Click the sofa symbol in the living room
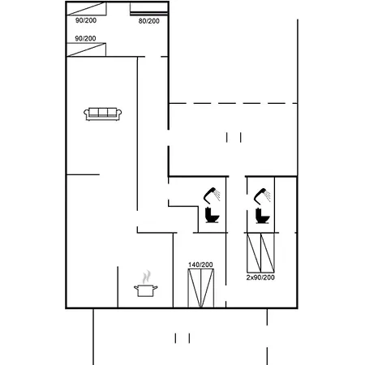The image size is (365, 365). click(103, 114)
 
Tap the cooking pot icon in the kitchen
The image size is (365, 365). click(146, 290)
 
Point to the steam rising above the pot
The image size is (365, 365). click(147, 277)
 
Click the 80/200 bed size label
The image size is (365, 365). click(149, 21)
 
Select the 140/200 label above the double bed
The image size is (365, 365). click(200, 264)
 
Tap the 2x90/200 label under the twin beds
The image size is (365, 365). click(260, 277)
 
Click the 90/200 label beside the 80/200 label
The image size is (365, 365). click(86, 20)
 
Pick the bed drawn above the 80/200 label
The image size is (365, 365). click(149, 9)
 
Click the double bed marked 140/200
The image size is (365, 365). click(201, 288)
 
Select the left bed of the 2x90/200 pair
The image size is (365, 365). click(254, 252)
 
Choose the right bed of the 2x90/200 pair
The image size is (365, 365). click(268, 252)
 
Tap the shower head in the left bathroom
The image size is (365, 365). click(212, 195)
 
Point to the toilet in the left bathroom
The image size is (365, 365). click(213, 215)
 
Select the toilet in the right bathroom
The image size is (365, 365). click(263, 216)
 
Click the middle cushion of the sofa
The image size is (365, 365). click(103, 112)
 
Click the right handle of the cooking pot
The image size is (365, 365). click(156, 287)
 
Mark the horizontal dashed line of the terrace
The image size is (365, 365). click(233, 103)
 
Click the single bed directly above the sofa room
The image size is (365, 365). click(86, 49)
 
